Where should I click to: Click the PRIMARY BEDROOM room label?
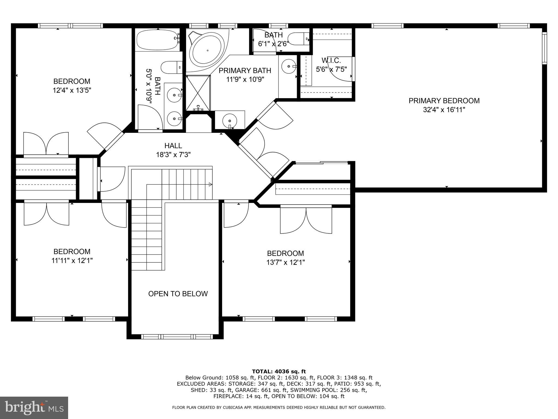[x=444, y=101]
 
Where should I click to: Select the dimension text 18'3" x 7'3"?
[x=173, y=155]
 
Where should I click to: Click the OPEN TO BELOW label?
[x=178, y=294]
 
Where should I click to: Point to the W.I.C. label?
[x=331, y=61]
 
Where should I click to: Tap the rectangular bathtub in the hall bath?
[x=158, y=40]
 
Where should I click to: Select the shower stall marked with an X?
[x=198, y=93]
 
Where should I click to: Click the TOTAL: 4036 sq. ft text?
[x=279, y=371]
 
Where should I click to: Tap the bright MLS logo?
[x=34, y=408]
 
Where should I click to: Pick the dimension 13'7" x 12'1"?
[x=285, y=262]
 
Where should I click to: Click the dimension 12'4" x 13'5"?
[x=72, y=90]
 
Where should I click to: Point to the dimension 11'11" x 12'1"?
[x=72, y=261]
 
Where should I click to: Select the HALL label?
[x=173, y=146]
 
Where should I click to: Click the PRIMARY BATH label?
[x=245, y=71]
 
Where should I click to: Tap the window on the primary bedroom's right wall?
[x=544, y=48]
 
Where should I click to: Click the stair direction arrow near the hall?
[x=210, y=184]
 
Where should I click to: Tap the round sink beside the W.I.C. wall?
[x=288, y=66]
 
